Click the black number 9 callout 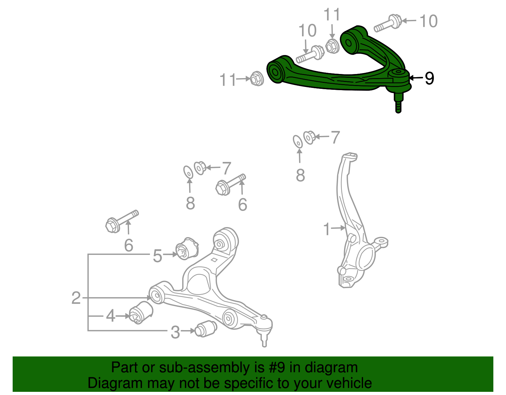coord(429,78)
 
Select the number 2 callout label coord(76,298)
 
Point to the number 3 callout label coord(175,332)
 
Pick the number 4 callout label coord(110,316)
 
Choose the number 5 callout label coord(157,256)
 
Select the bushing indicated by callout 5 coord(187,248)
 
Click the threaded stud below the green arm coord(398,103)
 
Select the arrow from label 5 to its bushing coord(170,254)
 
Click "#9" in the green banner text coord(276,368)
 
